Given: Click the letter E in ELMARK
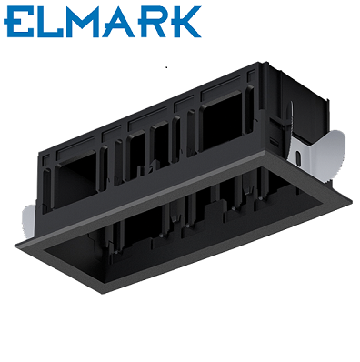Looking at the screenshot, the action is (x=19, y=22).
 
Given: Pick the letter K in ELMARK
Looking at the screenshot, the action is (x=185, y=22).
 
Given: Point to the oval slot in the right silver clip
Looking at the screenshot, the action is (x=298, y=158).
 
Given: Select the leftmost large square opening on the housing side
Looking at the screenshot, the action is (x=75, y=181).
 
